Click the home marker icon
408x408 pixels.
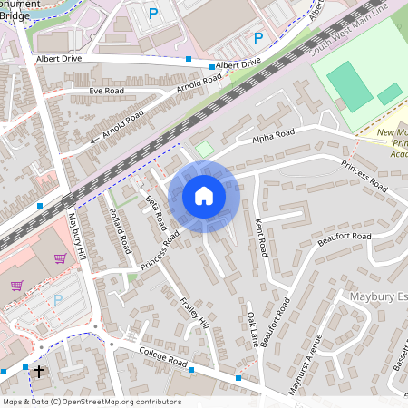(204, 195)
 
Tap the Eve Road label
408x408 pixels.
(107, 92)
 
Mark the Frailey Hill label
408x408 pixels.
(194, 314)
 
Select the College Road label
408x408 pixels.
(163, 356)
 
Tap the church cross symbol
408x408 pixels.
(38, 372)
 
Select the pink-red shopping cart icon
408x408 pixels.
(60, 259)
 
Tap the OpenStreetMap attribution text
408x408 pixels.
(91, 401)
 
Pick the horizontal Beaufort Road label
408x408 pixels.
(345, 237)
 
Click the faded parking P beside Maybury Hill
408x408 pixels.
(59, 299)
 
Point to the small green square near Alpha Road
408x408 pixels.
(204, 148)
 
